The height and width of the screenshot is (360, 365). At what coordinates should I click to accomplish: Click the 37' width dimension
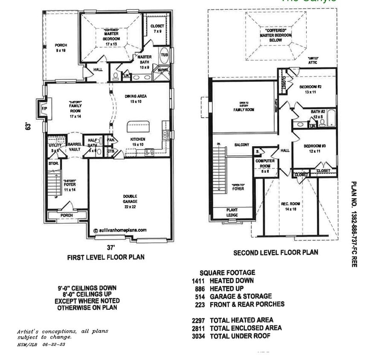point(111,247)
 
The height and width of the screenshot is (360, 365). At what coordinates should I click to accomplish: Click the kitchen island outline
point(137,127)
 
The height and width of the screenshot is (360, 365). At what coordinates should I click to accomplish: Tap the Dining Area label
point(136,99)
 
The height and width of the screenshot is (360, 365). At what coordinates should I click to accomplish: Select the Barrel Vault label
point(75,147)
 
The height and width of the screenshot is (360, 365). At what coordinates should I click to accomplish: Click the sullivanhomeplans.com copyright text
point(120,229)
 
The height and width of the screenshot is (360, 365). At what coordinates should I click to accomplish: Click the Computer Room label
point(265,163)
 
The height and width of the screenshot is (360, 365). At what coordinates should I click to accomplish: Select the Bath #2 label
point(318,114)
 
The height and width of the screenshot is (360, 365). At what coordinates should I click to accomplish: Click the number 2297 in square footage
point(199,319)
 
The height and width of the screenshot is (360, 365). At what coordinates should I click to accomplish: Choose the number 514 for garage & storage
point(200,296)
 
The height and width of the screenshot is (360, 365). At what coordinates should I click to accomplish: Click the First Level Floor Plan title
point(106,257)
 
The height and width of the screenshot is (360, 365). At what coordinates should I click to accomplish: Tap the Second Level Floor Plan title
point(275,253)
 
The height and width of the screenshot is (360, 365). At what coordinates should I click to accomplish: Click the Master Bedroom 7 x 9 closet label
point(157,29)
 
